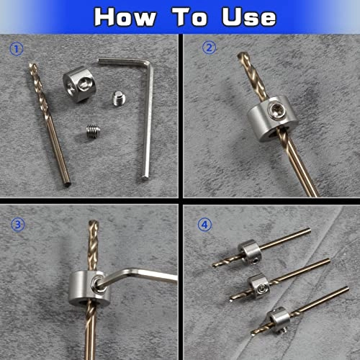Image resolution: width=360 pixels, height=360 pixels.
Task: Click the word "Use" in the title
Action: [x=246, y=17]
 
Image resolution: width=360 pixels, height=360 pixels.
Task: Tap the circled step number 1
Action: [x=15, y=50]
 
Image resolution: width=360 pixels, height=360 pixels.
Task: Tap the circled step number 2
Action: [x=208, y=49]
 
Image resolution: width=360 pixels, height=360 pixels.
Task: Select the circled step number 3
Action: [x=15, y=223]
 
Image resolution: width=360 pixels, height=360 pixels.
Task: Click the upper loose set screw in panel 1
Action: [x=120, y=99]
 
